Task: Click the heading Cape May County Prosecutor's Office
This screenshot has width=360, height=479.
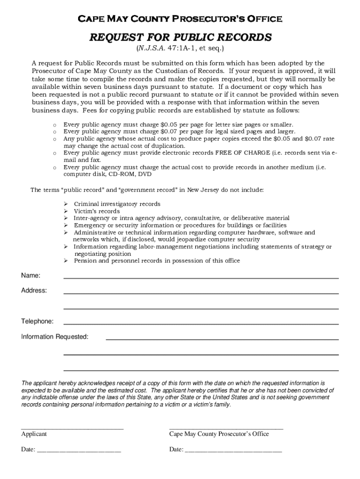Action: (x=180, y=19)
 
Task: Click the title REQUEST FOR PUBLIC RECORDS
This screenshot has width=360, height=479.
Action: (x=180, y=37)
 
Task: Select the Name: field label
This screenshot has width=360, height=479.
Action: (x=31, y=276)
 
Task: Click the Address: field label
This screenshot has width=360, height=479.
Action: (x=34, y=290)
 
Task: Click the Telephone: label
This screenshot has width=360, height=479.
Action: (x=37, y=321)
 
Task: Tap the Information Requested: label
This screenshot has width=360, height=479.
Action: (x=55, y=337)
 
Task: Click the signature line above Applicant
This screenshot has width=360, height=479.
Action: (x=72, y=428)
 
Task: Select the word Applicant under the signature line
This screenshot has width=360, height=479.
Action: (x=34, y=434)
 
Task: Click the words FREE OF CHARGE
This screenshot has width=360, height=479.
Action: (x=243, y=152)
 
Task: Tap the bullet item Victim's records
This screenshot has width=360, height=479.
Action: (x=97, y=211)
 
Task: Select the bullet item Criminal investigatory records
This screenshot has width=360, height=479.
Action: (x=117, y=204)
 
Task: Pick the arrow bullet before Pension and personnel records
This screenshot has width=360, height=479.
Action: (x=66, y=261)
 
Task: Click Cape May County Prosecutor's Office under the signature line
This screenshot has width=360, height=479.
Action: (x=219, y=434)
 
